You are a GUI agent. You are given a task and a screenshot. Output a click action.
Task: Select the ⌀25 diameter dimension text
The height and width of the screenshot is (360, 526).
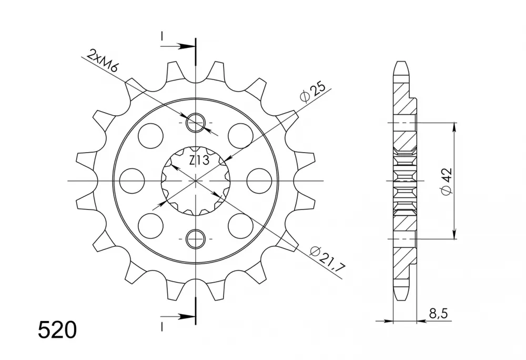313,92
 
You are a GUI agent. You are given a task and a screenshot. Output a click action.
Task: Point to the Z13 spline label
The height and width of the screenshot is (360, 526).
199,161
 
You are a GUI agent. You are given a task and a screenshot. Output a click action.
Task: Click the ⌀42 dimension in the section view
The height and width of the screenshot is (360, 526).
447,181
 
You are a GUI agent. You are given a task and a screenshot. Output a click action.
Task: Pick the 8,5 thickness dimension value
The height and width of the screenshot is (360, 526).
438,314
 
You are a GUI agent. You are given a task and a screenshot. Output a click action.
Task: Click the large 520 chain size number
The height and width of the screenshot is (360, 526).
57,330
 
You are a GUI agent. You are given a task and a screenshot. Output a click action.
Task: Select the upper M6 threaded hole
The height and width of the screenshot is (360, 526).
196,123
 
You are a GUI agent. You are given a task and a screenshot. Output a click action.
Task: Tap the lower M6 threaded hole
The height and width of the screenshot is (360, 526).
196,239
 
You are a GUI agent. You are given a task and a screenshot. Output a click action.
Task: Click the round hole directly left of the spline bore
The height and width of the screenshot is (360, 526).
132,181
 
